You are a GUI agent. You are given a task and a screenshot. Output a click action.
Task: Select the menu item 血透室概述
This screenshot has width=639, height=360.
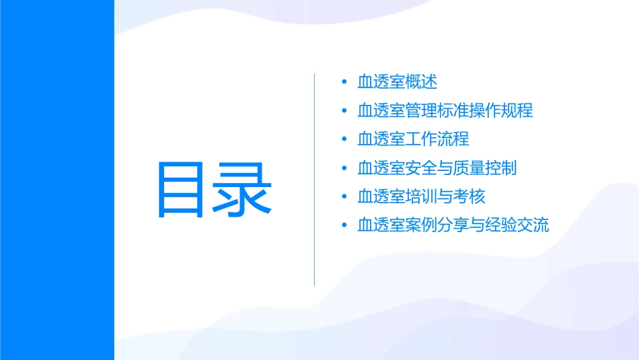click(397, 81)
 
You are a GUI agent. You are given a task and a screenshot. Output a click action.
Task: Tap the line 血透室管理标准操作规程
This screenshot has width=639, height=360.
click(445, 110)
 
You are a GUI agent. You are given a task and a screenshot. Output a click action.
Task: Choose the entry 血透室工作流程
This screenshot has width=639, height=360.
click(413, 139)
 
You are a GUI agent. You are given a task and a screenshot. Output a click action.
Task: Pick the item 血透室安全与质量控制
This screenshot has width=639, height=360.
click(437, 168)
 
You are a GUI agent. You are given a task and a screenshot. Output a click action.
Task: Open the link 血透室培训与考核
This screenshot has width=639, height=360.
click(421, 196)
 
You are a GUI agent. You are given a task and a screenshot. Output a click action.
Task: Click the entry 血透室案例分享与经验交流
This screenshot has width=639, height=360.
click(453, 225)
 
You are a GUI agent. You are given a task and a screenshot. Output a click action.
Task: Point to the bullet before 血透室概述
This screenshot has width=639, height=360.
click(344, 82)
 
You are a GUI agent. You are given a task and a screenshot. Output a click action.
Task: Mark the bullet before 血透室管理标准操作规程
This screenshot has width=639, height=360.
click(344, 111)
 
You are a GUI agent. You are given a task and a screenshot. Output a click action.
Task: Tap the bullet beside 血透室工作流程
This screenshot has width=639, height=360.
click(344, 139)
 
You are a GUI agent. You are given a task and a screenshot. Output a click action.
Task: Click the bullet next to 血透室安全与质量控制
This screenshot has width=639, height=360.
click(344, 168)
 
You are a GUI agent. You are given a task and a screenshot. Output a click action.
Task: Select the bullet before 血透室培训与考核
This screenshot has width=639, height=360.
click(344, 197)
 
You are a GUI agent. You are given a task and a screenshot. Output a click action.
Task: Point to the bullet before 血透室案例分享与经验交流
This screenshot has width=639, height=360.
click(344, 225)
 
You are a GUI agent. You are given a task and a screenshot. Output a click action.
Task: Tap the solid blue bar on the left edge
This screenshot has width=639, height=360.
click(57, 180)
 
